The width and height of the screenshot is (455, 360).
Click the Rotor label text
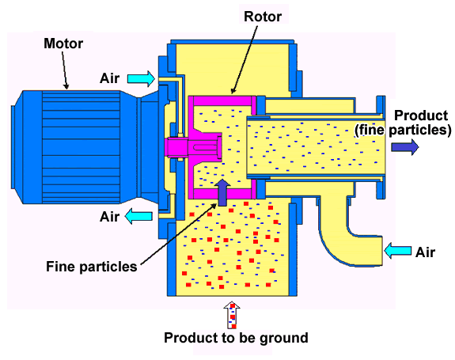point(263,17)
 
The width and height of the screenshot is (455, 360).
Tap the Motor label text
point(63,44)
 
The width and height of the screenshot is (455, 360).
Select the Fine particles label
point(92,267)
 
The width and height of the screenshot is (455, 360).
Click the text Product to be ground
point(237,339)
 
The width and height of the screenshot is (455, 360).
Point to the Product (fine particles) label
point(403,123)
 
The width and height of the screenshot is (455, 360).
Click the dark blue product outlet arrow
point(405,147)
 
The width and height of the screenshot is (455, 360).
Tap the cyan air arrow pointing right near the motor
point(142,78)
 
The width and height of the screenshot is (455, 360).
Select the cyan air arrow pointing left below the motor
point(138,216)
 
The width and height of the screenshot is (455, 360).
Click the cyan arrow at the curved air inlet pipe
point(397,251)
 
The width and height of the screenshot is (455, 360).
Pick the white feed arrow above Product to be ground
point(232,315)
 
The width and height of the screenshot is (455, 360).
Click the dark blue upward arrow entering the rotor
point(222,192)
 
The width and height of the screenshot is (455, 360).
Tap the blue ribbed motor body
point(82,147)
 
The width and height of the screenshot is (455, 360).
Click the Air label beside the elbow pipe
point(425,252)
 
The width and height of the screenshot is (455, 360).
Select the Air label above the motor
point(109,78)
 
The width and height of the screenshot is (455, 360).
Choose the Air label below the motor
point(109,217)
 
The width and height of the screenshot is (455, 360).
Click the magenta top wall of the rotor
point(222,100)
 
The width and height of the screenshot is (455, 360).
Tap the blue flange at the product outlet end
point(381,147)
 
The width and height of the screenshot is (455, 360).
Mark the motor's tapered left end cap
point(17,147)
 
